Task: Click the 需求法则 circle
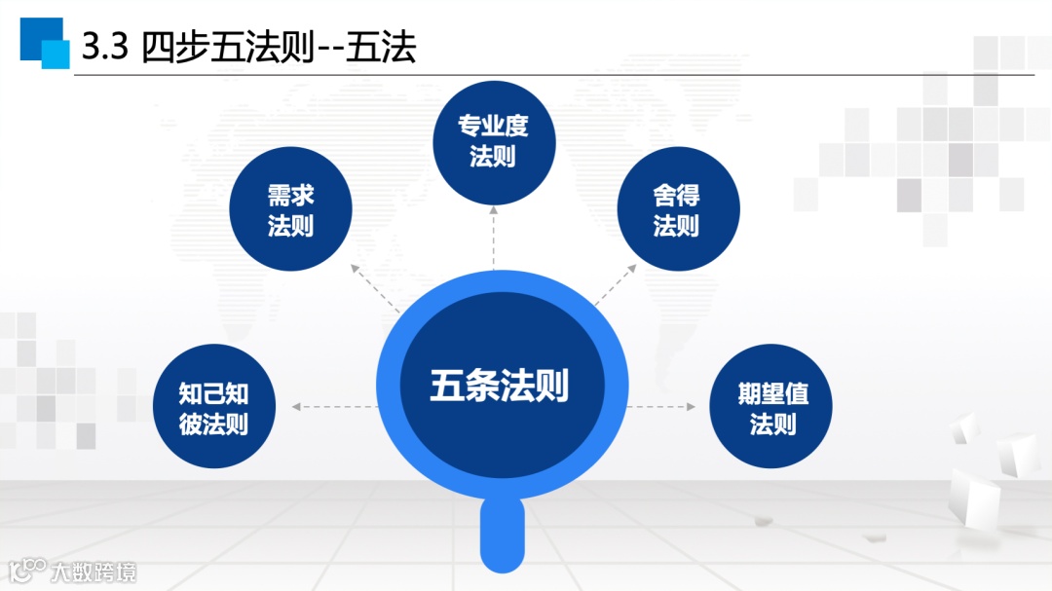[x=290, y=209]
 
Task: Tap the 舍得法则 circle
[x=678, y=209]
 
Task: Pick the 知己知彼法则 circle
[x=214, y=407]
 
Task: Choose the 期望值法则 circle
[x=771, y=407]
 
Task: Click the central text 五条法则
[x=499, y=386]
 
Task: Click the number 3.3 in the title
[x=105, y=48]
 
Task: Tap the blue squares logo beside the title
[x=45, y=43]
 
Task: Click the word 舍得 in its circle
[x=677, y=195]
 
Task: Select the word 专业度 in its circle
[x=493, y=127]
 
